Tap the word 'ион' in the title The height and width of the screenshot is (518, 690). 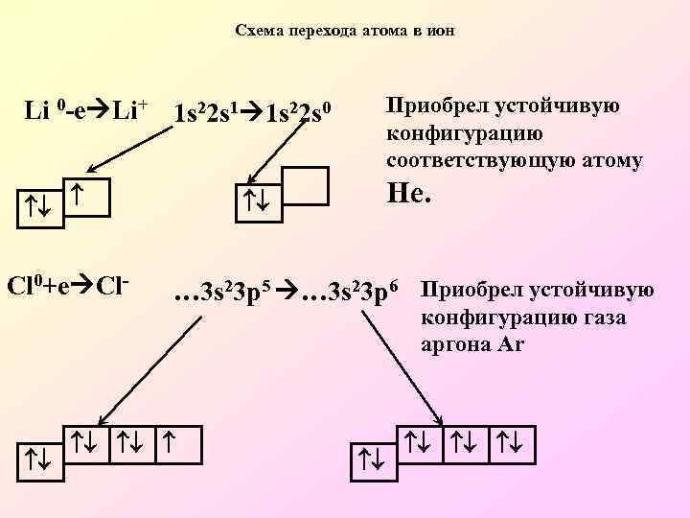pos(443,31)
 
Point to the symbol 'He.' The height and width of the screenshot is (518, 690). pos(409,197)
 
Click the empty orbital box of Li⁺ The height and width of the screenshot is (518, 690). pos(308,184)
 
